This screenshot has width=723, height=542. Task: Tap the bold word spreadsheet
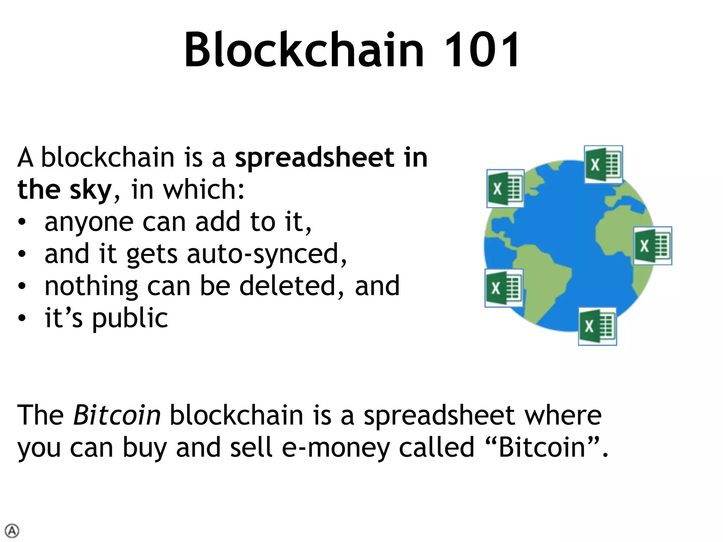coord(314,158)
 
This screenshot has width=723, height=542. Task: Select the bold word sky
coord(90,190)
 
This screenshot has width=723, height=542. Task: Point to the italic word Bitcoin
coord(117,415)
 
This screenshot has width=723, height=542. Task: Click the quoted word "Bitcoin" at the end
coord(542,447)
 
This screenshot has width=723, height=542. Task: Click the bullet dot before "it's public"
coord(22,318)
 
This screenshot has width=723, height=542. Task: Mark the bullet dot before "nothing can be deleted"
coord(22,286)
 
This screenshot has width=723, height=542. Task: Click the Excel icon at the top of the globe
coord(603,164)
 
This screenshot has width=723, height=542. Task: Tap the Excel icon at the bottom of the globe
coord(597,326)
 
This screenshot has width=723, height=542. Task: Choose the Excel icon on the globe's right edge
coord(652,246)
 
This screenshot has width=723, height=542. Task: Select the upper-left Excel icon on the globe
coord(505,188)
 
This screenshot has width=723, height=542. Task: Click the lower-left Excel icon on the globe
coord(504,288)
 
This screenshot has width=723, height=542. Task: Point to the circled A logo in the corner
coord(12,531)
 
